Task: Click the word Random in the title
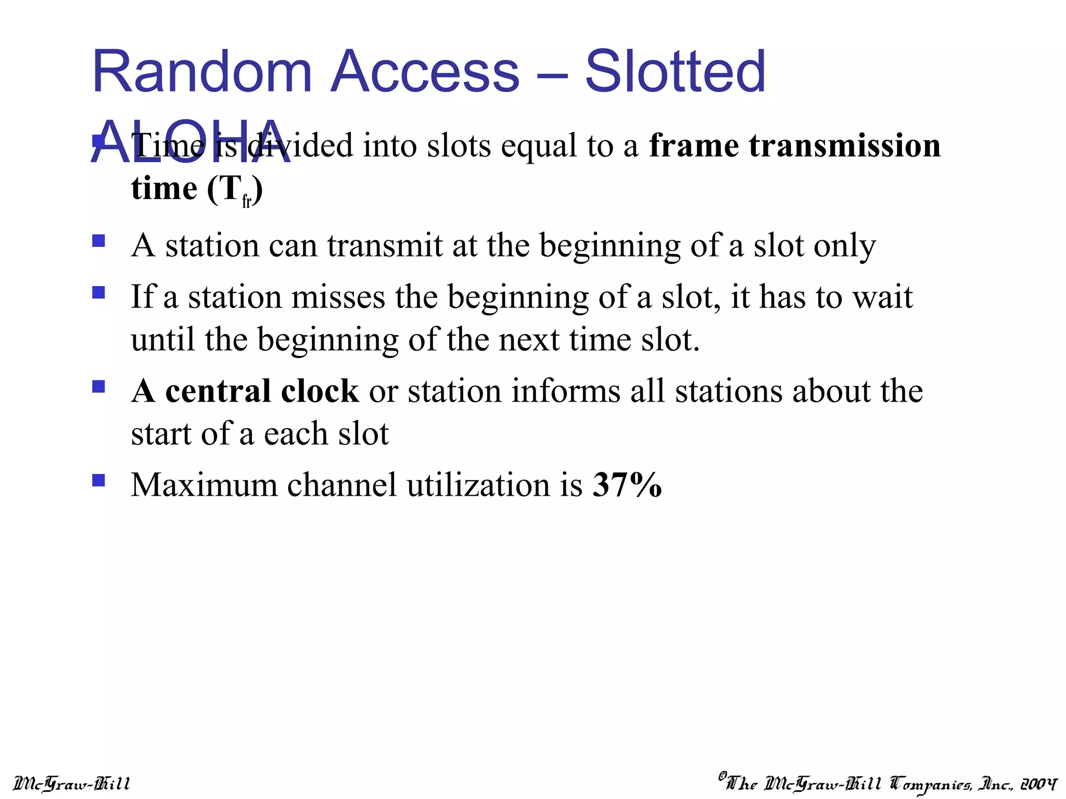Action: click(x=202, y=71)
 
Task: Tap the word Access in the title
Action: click(x=425, y=71)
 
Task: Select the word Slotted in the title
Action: click(x=675, y=71)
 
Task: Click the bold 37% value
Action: click(x=627, y=485)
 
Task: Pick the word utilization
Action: click(x=478, y=485)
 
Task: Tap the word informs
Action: click(x=566, y=391)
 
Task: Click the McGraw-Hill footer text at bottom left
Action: click(x=71, y=783)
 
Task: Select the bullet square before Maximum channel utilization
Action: click(x=98, y=480)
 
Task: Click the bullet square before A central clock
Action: click(x=98, y=386)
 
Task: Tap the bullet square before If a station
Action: click(x=98, y=292)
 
